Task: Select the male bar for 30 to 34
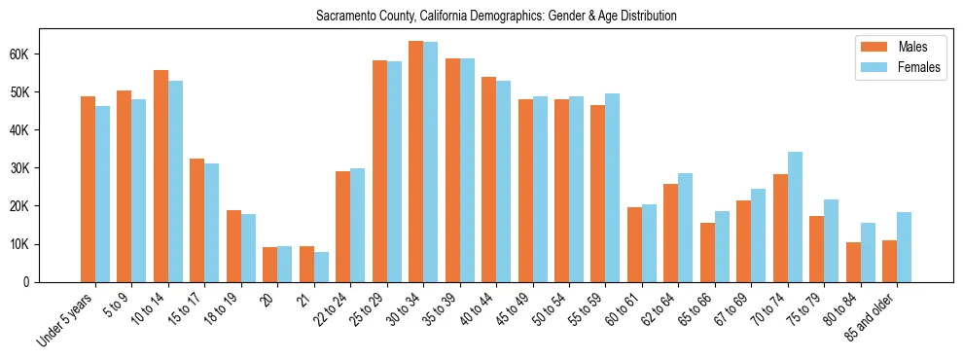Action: (x=415, y=162)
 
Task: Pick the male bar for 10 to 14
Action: (x=160, y=176)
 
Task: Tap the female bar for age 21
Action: (x=321, y=267)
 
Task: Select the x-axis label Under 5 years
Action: (x=66, y=322)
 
